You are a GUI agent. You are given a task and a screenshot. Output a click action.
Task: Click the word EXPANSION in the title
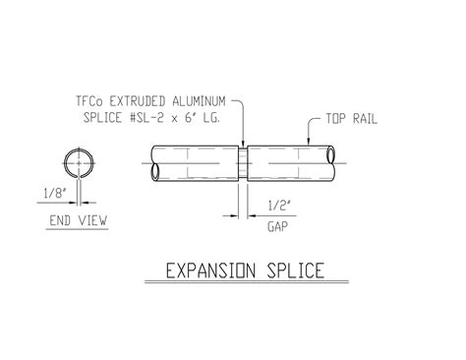(x=209, y=270)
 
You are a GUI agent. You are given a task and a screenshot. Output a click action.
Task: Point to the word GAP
(x=277, y=225)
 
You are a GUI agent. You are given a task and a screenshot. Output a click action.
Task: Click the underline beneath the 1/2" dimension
(x=278, y=214)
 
